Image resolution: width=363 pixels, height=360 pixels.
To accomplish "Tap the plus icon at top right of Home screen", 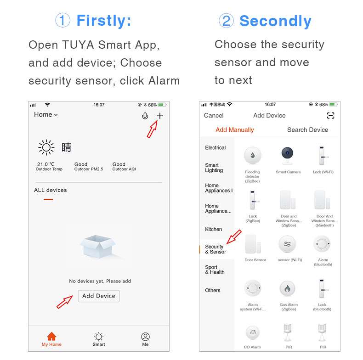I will [x=159, y=116].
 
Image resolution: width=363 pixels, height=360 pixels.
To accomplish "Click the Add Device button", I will [x=99, y=296].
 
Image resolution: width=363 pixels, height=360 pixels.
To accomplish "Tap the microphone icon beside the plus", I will [x=145, y=116].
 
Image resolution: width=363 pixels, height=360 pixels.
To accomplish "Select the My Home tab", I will [x=51, y=339].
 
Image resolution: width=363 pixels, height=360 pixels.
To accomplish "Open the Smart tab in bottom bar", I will [x=99, y=339].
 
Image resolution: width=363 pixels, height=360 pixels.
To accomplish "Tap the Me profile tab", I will [x=145, y=339].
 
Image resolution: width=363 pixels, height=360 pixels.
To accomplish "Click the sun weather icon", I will [x=46, y=147].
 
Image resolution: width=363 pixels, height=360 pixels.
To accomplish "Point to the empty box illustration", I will [x=97, y=248].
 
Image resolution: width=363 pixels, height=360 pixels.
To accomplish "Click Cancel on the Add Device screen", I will [x=214, y=116].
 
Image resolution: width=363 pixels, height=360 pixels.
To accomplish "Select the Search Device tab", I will [x=307, y=130].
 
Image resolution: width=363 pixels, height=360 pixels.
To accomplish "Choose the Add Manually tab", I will [x=234, y=130].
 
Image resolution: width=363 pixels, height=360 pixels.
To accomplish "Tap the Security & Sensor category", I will [x=216, y=249].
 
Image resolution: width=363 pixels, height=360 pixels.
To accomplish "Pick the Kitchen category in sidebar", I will [x=213, y=229].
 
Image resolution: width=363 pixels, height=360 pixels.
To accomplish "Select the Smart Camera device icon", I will [x=288, y=157].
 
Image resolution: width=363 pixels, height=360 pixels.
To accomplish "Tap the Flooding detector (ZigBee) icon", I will [x=252, y=157].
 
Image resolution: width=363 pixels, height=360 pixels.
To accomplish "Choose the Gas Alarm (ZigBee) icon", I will [x=288, y=289].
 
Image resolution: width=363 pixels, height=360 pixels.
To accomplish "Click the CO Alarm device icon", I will [x=252, y=333].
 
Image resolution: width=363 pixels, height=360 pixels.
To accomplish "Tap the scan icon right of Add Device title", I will [x=330, y=116].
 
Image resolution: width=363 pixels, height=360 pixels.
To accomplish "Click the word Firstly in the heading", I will [x=103, y=21].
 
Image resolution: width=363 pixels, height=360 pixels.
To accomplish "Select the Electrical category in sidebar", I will [x=215, y=148].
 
